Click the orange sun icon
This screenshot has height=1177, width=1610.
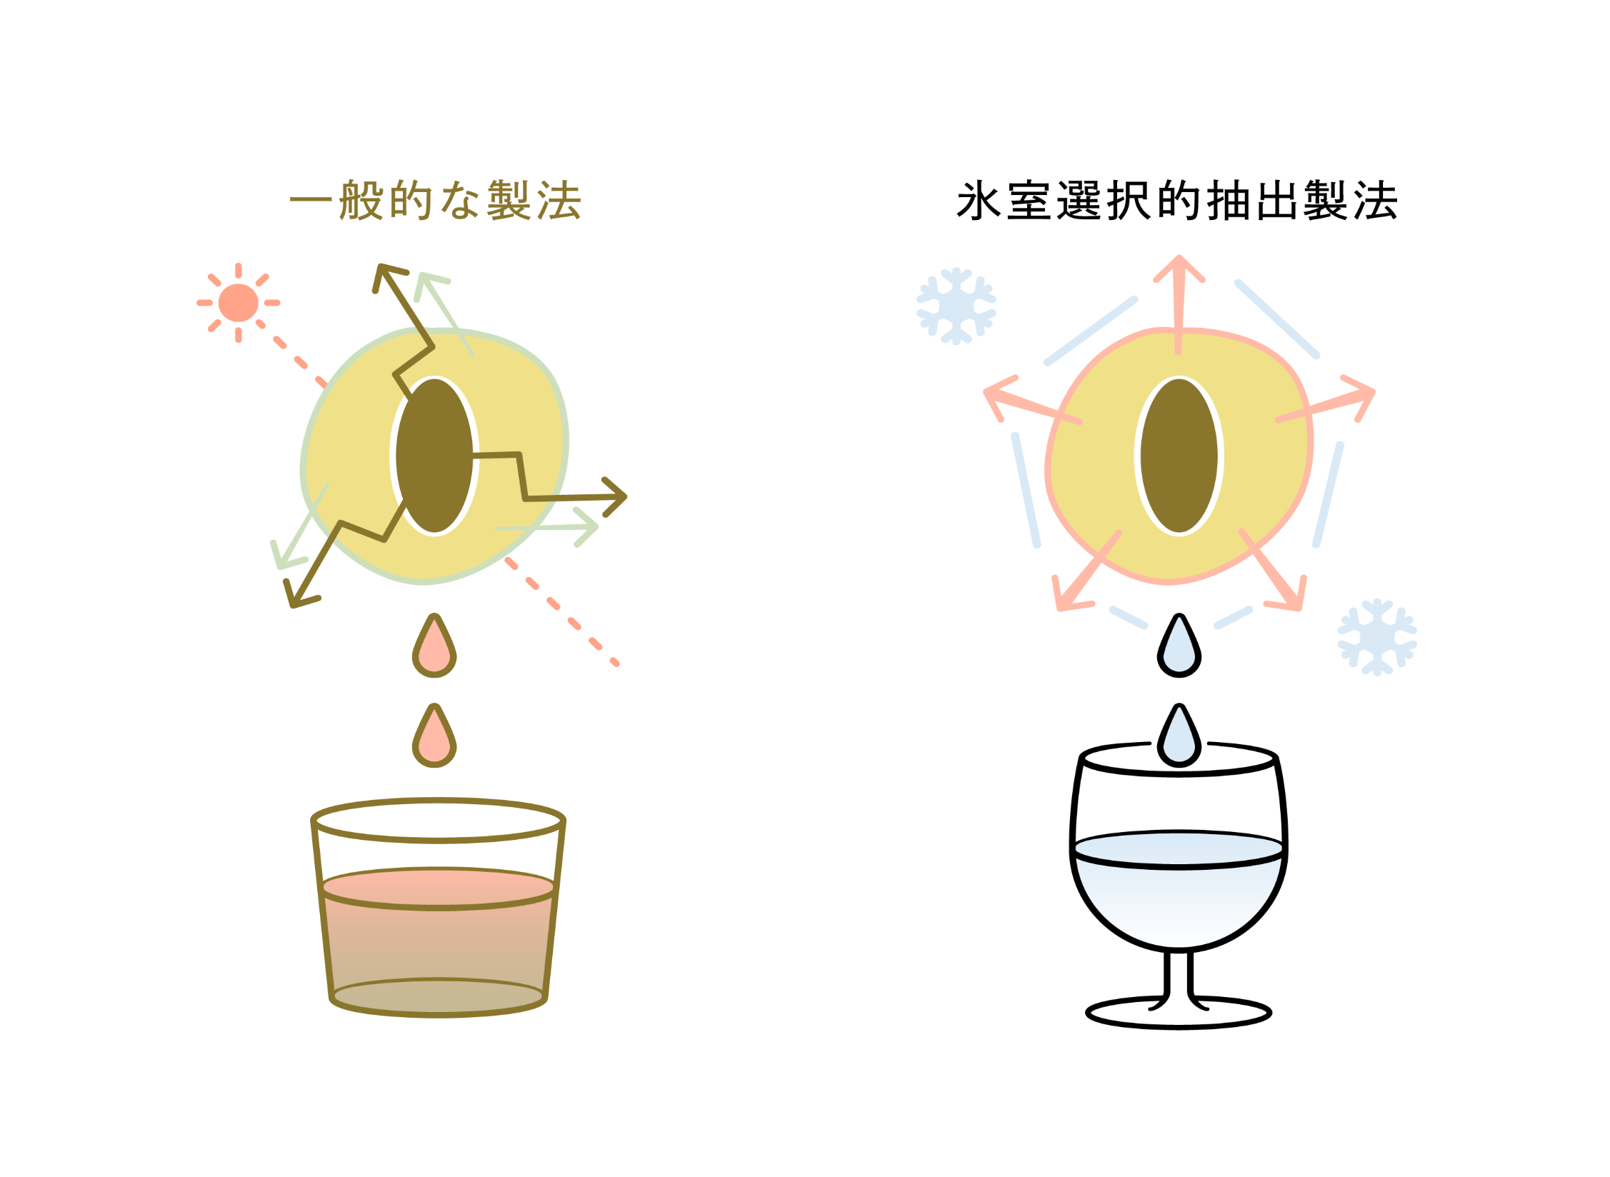click(238, 303)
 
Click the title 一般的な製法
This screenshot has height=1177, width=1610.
click(436, 201)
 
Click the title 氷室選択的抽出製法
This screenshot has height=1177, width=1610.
click(1177, 201)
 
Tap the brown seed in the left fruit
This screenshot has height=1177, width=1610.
click(434, 456)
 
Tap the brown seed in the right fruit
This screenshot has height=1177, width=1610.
click(1179, 456)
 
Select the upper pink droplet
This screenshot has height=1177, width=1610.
click(434, 648)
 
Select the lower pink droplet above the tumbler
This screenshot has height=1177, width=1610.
click(434, 739)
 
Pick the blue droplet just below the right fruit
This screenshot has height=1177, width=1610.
click(1179, 648)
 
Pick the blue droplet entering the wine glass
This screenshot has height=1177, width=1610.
click(1179, 739)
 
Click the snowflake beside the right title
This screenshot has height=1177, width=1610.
click(956, 306)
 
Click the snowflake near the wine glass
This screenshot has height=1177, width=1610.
click(1377, 637)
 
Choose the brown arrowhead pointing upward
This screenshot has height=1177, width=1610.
click(386, 276)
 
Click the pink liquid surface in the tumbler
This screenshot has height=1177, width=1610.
click(439, 888)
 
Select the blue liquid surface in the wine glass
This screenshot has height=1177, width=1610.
click(1179, 849)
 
